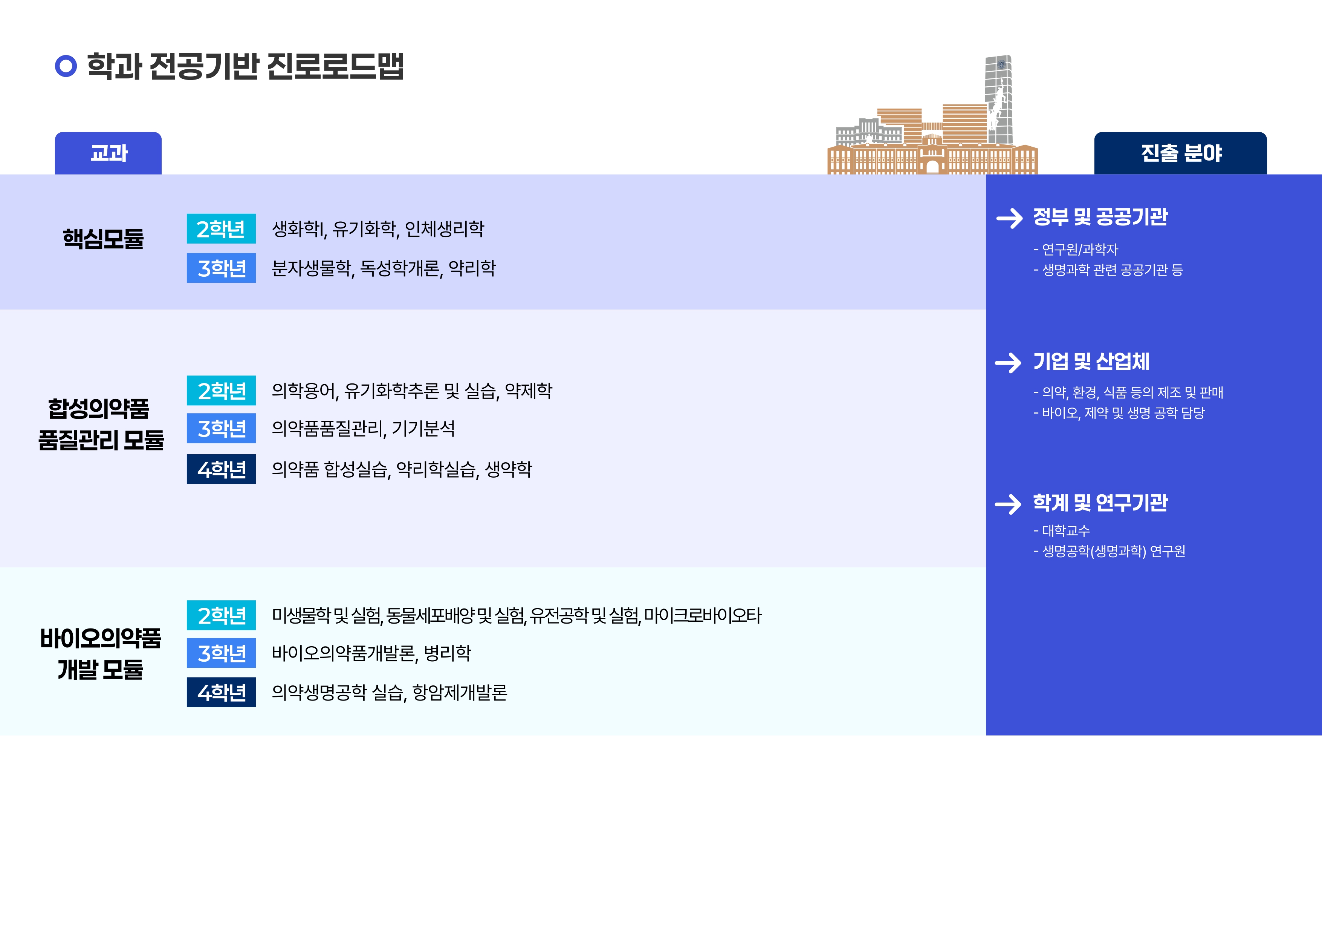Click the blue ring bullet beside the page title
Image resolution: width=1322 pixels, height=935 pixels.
66,66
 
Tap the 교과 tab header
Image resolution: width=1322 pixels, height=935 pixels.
108,153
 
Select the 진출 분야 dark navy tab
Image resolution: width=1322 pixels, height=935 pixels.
1180,153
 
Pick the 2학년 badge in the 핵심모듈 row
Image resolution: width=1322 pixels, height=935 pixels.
221,229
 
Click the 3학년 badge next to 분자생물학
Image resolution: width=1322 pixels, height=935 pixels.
221,268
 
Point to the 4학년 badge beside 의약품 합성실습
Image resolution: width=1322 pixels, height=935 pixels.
221,469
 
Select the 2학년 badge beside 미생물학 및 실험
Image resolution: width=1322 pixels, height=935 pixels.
221,615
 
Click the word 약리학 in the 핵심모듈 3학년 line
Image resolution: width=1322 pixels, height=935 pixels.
472,268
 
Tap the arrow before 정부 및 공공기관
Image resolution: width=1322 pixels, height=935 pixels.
1009,218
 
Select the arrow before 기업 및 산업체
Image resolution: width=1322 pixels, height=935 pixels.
1008,362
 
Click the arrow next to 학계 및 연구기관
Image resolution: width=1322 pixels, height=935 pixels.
1008,504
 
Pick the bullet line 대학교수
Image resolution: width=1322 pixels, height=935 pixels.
1062,530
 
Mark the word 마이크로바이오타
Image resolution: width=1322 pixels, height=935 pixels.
703,616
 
